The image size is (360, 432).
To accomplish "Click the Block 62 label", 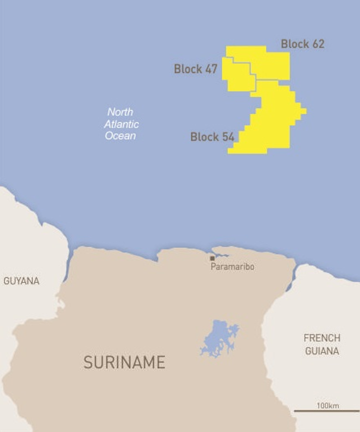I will click(x=302, y=44).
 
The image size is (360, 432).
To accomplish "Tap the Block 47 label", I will click(x=195, y=69).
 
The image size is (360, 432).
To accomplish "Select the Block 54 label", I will click(x=212, y=137).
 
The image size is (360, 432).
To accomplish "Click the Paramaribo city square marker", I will click(x=212, y=258).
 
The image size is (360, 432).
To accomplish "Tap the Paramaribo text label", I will click(x=232, y=267).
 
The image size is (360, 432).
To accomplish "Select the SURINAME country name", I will click(x=124, y=362).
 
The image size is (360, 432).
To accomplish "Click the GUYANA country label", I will click(x=21, y=281).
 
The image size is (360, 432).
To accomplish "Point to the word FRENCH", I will click(x=321, y=339).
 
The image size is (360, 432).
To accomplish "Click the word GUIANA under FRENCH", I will click(x=321, y=351).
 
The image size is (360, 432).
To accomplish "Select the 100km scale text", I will click(x=327, y=406).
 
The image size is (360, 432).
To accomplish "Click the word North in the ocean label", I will click(x=120, y=112).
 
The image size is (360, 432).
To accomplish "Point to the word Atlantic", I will click(x=121, y=124).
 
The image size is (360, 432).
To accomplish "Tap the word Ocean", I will click(x=120, y=135).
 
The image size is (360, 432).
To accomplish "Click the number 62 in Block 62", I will click(x=317, y=44).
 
